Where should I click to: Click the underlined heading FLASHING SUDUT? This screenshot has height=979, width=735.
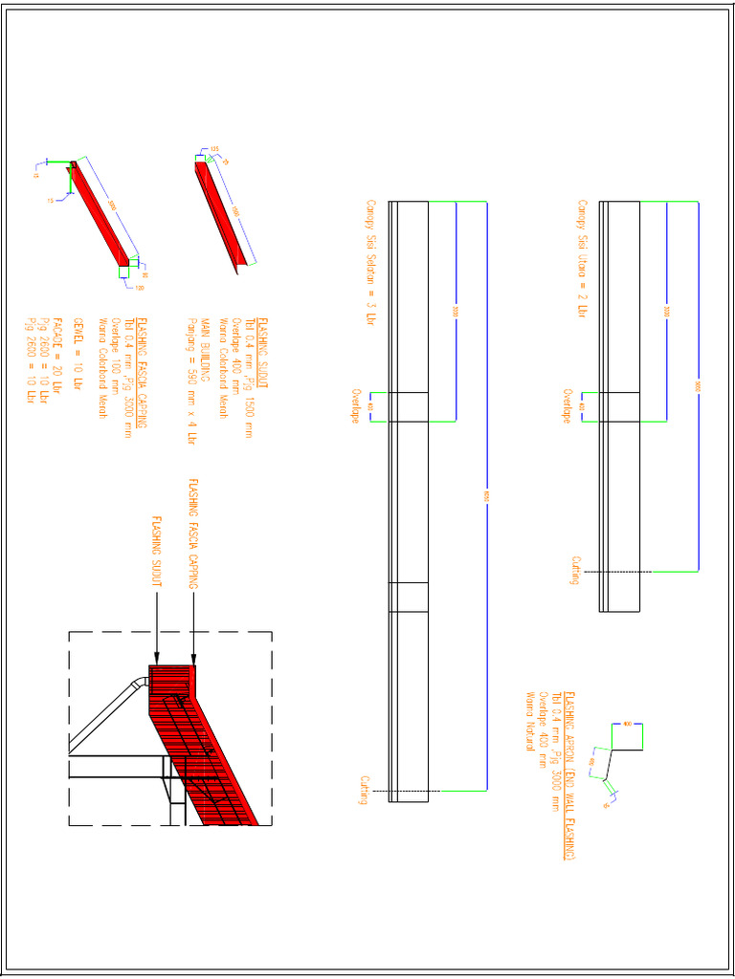[262, 350]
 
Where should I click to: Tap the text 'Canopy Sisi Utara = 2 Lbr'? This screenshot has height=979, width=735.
[581, 259]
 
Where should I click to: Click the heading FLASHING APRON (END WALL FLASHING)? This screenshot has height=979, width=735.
[568, 776]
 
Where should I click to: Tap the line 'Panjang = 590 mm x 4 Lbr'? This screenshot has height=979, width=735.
[191, 381]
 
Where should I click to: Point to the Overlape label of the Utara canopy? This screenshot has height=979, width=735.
[568, 406]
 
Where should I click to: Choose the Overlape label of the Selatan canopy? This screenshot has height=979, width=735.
[355, 406]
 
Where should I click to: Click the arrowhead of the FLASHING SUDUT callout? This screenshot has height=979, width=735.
[156, 661]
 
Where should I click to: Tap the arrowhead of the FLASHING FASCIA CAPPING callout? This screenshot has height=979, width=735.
[194, 661]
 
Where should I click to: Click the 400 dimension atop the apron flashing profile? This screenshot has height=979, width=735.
[627, 723]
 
